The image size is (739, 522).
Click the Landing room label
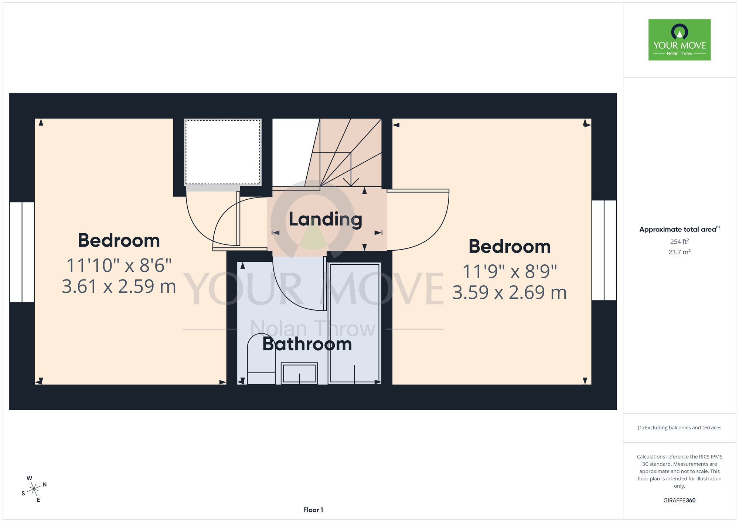(x=325, y=220)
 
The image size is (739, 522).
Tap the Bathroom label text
(x=307, y=344)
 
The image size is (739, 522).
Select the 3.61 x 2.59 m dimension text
(x=119, y=286)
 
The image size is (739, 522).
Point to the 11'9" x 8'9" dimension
(x=510, y=272)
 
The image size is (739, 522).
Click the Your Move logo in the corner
(x=680, y=40)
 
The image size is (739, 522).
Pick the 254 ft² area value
(x=680, y=241)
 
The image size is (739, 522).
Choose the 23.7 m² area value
(x=680, y=252)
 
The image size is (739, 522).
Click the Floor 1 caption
(x=313, y=510)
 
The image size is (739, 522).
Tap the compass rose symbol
(x=34, y=489)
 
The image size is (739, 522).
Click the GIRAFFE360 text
(x=680, y=501)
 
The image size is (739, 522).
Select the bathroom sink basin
(x=299, y=373)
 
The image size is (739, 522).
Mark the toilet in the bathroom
(x=261, y=358)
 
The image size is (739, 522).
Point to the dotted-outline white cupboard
(x=223, y=152)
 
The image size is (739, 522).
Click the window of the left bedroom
(x=22, y=252)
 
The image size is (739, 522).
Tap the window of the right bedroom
(x=604, y=250)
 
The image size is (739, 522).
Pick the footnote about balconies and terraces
(x=680, y=427)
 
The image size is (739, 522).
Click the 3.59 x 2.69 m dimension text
(x=510, y=293)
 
